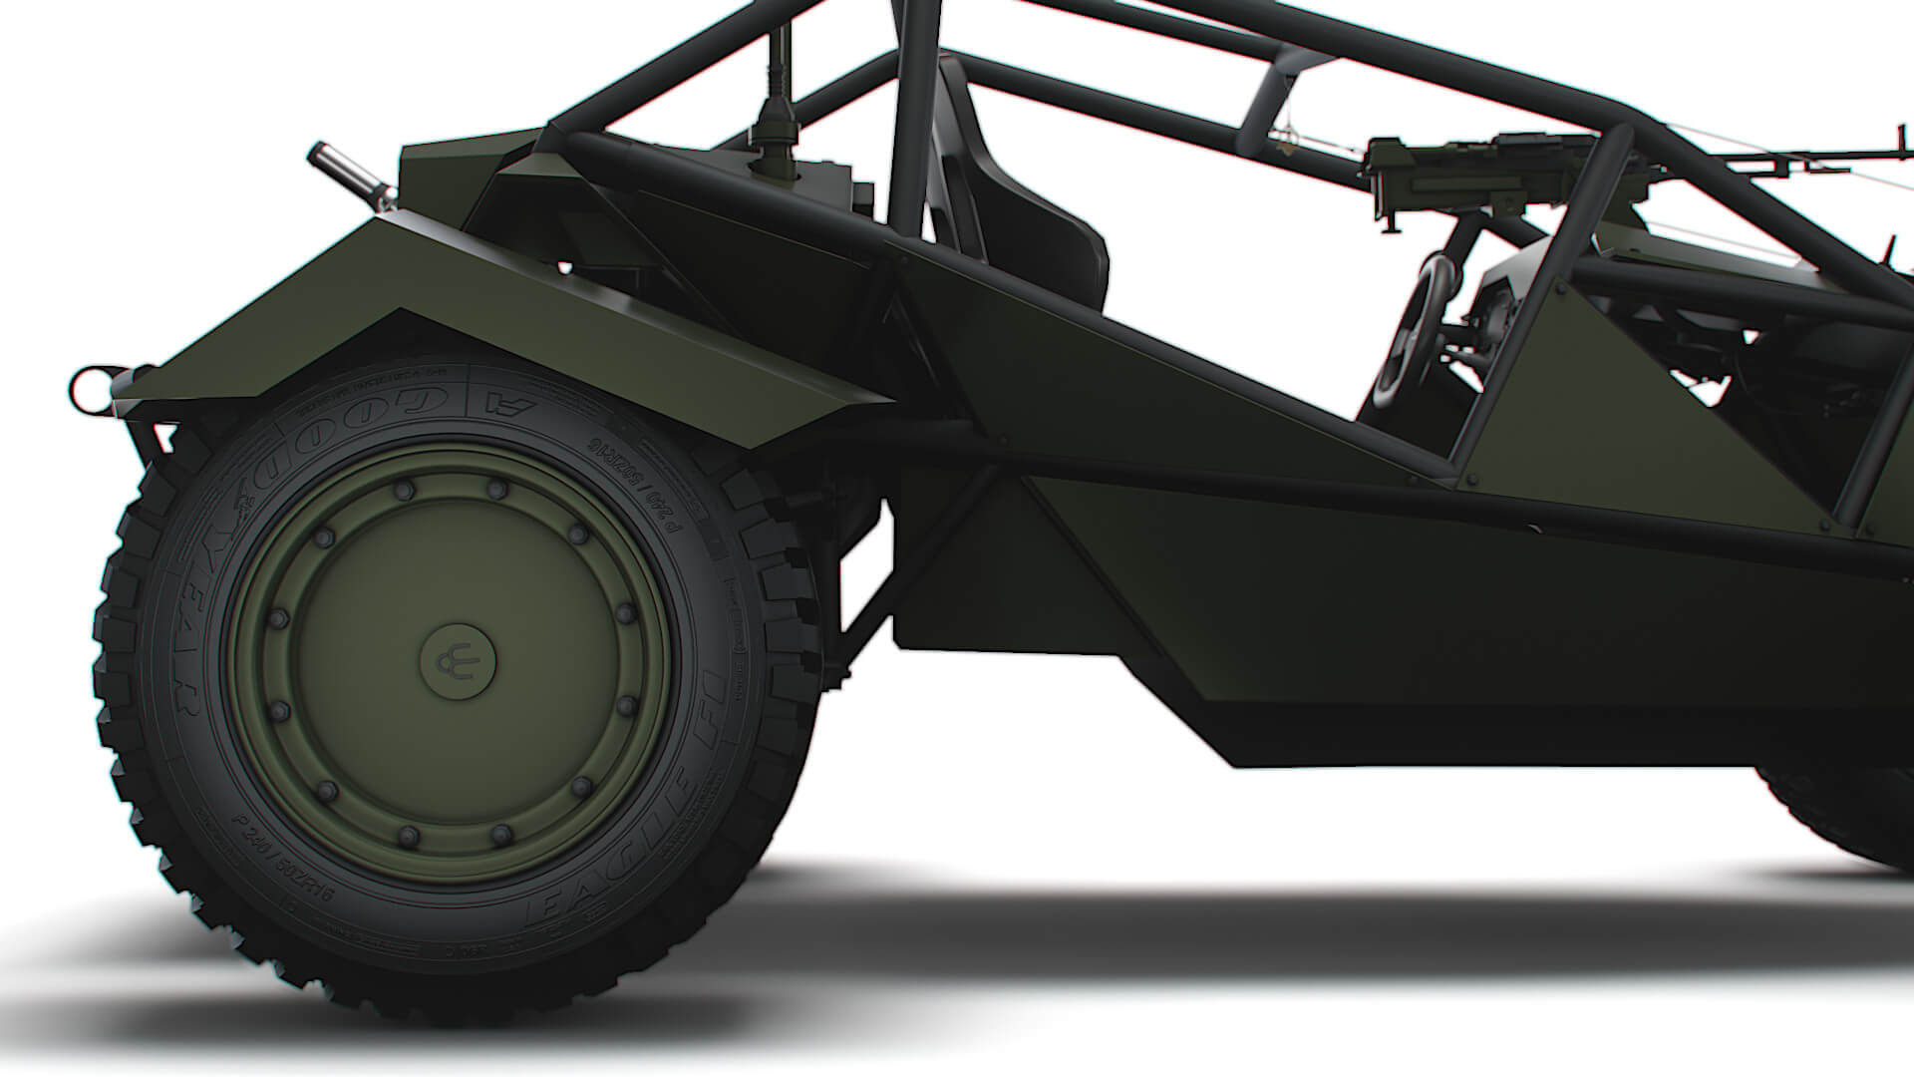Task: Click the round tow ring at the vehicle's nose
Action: (x=88, y=384)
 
